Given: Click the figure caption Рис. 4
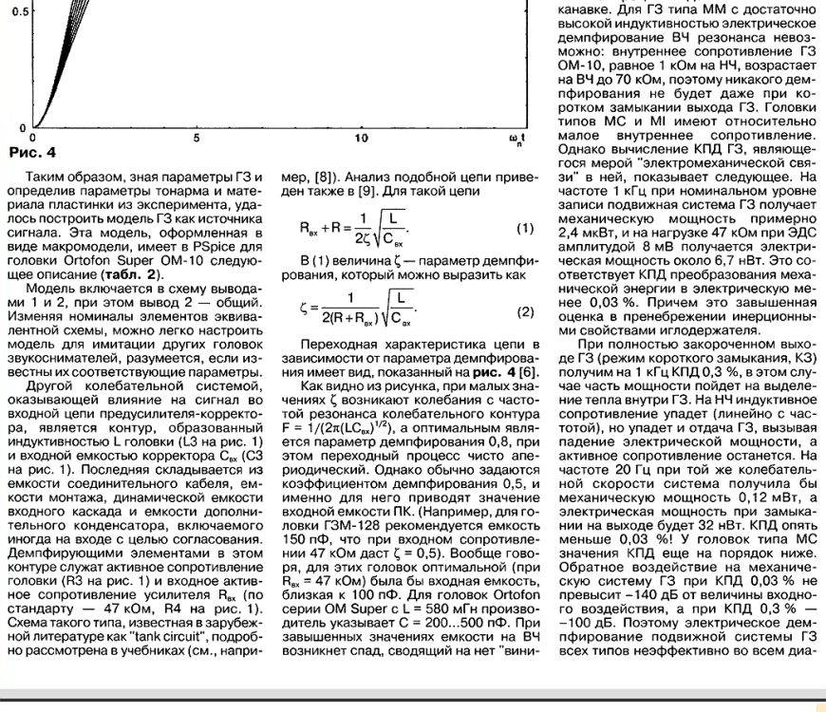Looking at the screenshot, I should pos(32,152).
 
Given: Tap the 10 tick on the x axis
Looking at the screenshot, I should pos(361,139).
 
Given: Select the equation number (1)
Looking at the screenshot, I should pos(525,231).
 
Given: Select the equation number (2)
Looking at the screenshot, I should pos(525,311).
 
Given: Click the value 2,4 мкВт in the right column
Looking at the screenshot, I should pos(588,229).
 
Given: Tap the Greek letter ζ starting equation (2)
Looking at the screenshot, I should pos(304,310).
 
